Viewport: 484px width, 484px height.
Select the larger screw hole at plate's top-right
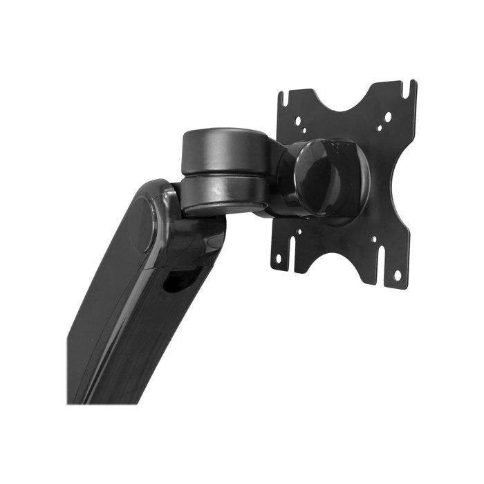click(389, 115)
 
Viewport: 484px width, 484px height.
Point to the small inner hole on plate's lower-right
click(374, 241)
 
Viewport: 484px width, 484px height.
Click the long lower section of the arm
click(111, 325)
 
